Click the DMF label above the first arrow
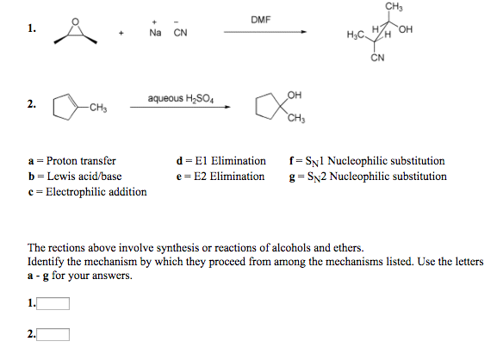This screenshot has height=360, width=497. pyautogui.click(x=261, y=19)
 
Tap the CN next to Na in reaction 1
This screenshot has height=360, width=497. pyautogui.click(x=180, y=34)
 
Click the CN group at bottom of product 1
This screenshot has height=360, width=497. pyautogui.click(x=377, y=59)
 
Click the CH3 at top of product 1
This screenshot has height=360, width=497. pyautogui.click(x=393, y=7)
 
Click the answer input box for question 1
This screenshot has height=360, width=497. pyautogui.click(x=53, y=302)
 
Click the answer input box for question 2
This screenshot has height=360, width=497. pyautogui.click(x=53, y=334)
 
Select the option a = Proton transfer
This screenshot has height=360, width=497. pyautogui.click(x=72, y=160)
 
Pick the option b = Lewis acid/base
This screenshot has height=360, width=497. pyautogui.click(x=74, y=176)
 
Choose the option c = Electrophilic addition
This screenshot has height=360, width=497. pyautogui.click(x=87, y=191)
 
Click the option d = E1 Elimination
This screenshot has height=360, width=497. pyautogui.click(x=221, y=160)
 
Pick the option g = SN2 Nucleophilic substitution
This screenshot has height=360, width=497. pyautogui.click(x=369, y=176)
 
